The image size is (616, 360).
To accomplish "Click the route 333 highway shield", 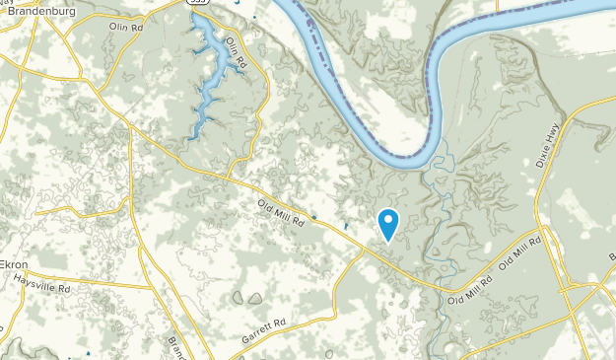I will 198,4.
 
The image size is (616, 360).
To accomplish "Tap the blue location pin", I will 388,223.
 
